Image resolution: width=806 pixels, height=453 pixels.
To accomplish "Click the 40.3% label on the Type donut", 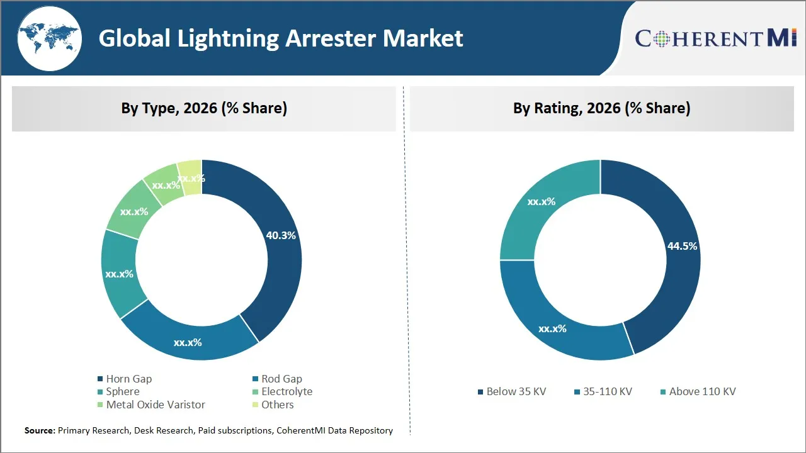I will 281,235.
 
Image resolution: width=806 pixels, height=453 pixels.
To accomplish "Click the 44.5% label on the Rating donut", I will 682,246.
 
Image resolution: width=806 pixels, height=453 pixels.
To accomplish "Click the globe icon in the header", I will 48,38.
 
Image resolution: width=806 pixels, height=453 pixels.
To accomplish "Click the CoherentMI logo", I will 716,38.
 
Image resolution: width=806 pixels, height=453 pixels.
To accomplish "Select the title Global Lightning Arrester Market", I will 281,38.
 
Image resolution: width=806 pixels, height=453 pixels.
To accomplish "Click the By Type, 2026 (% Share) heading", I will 204,108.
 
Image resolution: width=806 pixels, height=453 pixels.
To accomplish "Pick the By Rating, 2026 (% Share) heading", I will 601,108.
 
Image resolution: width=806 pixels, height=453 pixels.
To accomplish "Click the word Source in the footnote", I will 39,430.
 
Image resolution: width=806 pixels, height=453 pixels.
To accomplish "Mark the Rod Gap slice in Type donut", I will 189,337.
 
